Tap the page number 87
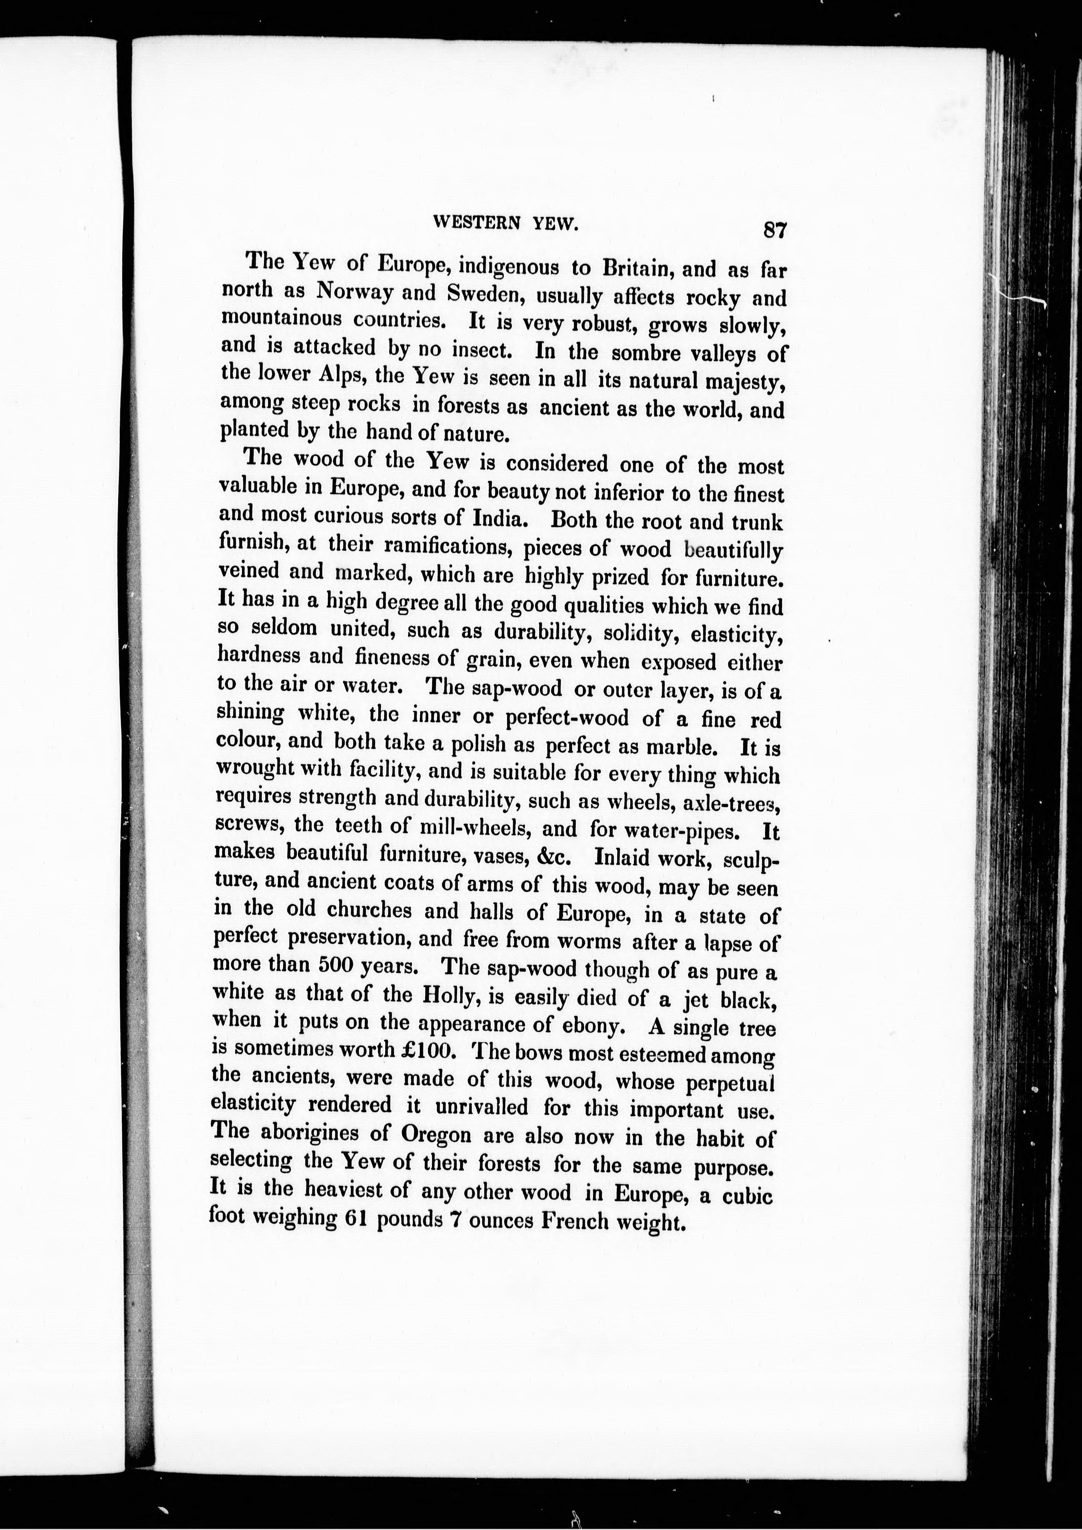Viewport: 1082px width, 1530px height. point(775,230)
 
